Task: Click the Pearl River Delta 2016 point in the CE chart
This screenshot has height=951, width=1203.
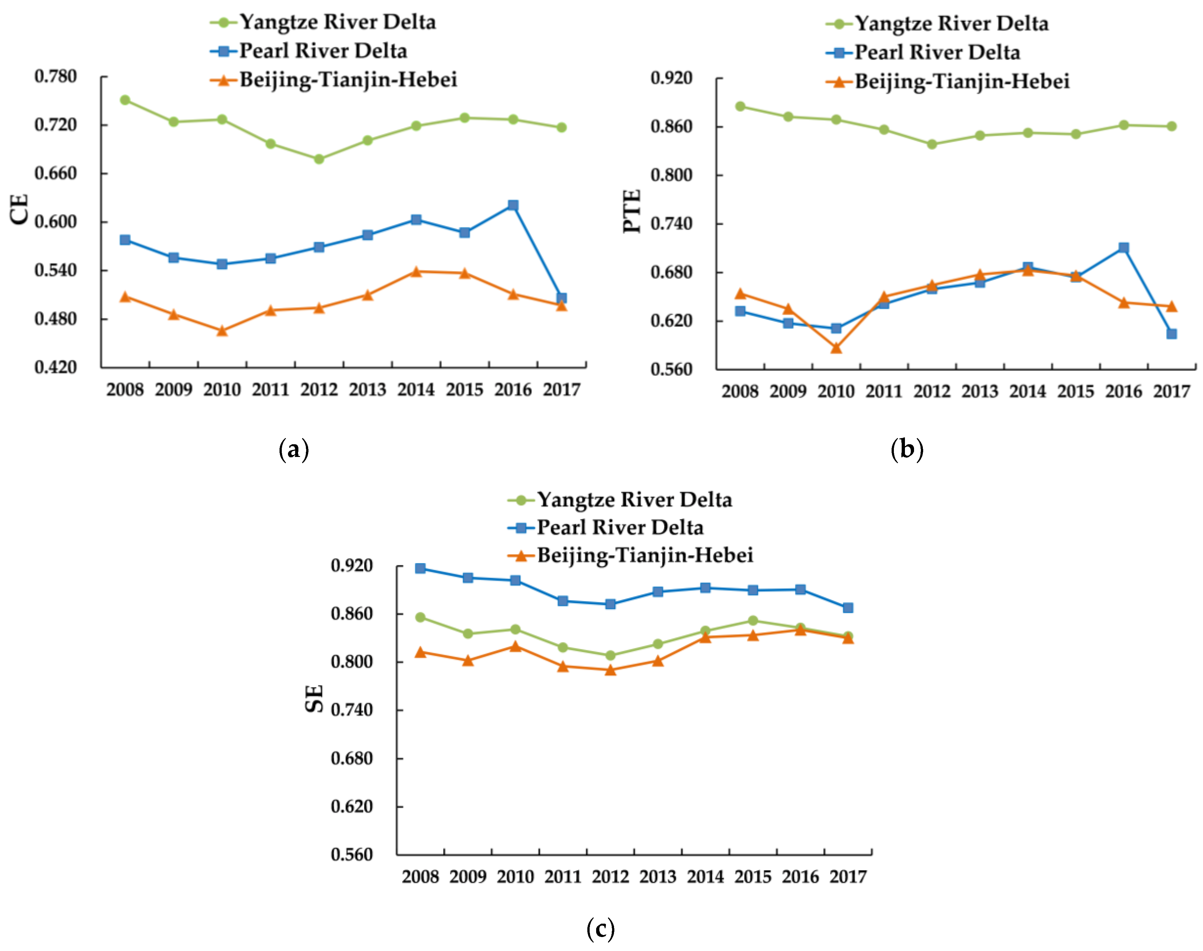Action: coord(513,205)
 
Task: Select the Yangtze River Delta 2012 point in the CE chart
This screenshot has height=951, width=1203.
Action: coord(319,159)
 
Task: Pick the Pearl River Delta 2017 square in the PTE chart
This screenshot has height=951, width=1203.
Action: coord(1171,334)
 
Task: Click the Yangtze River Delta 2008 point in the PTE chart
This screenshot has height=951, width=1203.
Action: coord(740,106)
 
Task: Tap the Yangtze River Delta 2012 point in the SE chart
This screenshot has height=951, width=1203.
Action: coord(611,655)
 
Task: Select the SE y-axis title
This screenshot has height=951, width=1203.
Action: coord(315,698)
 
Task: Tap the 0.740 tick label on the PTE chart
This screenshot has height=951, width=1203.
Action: coord(671,224)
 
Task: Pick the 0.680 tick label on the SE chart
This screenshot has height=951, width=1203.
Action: coord(352,758)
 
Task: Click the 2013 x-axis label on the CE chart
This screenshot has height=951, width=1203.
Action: coord(367,390)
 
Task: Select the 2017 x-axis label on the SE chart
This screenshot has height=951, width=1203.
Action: coord(848,877)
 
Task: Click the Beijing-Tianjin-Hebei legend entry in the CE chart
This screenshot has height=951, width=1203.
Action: coord(348,80)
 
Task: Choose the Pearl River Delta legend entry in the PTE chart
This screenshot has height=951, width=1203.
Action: coord(937,52)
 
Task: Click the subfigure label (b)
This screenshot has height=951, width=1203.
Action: coord(907,449)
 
